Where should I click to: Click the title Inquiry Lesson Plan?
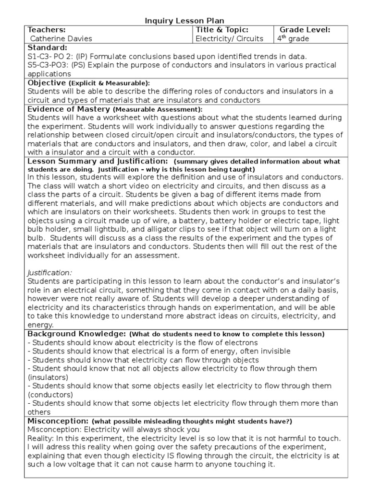click(x=185, y=21)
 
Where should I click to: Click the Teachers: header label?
click(x=47, y=30)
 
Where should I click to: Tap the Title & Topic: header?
click(x=221, y=30)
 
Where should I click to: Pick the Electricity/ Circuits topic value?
click(x=229, y=39)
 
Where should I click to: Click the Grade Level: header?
click(x=305, y=30)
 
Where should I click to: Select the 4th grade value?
click(x=293, y=39)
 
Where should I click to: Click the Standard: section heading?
click(x=48, y=47)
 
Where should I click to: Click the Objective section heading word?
click(x=47, y=83)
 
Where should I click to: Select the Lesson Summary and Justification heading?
click(x=98, y=161)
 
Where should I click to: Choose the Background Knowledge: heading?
click(x=77, y=333)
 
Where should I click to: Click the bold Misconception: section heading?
click(x=58, y=421)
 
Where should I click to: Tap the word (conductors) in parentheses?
click(x=50, y=395)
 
